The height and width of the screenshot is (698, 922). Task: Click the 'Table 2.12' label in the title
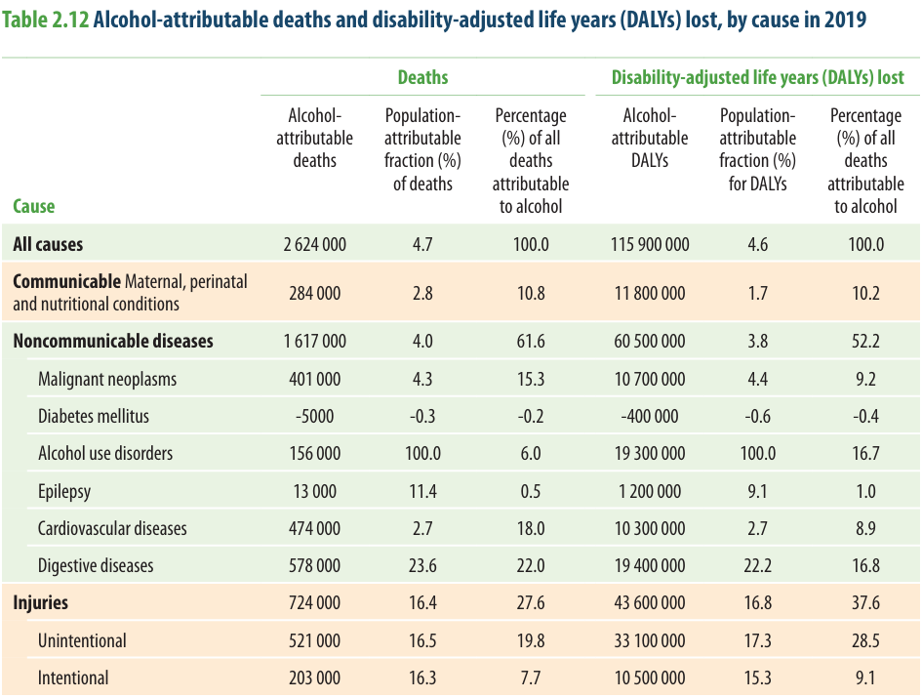pyautogui.click(x=45, y=20)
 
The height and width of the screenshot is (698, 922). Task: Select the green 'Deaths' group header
pyautogui.click(x=422, y=77)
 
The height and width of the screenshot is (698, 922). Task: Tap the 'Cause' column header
pyautogui.click(x=33, y=206)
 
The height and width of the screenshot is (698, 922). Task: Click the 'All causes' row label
pyautogui.click(x=48, y=244)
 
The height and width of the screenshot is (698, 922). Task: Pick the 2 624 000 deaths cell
pyautogui.click(x=314, y=244)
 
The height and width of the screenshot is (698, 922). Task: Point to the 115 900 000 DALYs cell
pyautogui.click(x=650, y=244)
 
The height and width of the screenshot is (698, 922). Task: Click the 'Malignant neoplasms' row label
pyautogui.click(x=107, y=379)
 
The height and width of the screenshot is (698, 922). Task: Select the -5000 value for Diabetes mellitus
pyautogui.click(x=314, y=416)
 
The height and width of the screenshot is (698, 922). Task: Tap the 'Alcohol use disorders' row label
pyautogui.click(x=105, y=453)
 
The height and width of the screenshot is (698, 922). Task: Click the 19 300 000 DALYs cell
pyautogui.click(x=650, y=453)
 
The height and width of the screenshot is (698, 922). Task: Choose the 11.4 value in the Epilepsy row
pyautogui.click(x=422, y=491)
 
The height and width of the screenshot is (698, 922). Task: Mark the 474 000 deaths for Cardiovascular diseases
pyautogui.click(x=314, y=528)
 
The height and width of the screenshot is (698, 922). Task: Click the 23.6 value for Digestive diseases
pyautogui.click(x=422, y=565)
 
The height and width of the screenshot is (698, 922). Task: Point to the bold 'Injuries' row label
pyautogui.click(x=40, y=602)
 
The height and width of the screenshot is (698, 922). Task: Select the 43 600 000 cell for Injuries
pyautogui.click(x=650, y=602)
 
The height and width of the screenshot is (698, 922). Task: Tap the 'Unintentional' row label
pyautogui.click(x=82, y=640)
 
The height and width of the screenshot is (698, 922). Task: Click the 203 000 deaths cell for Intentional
pyautogui.click(x=314, y=677)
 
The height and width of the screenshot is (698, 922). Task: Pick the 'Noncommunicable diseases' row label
pyautogui.click(x=113, y=341)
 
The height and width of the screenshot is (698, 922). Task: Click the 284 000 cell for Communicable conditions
pyautogui.click(x=314, y=293)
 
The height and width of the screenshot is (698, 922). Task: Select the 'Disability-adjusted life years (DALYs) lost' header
pyautogui.click(x=757, y=77)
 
